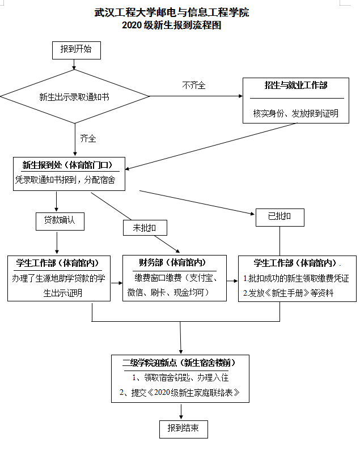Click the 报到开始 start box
tap(76, 50)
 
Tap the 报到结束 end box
tap(183, 428)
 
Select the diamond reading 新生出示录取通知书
tap(74, 97)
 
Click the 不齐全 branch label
tap(193, 86)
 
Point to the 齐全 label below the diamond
tap(88, 138)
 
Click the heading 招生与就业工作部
tap(296, 86)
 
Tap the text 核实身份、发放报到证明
tap(296, 113)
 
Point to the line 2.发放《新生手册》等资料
tap(288, 293)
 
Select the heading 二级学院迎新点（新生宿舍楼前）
tap(180, 363)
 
